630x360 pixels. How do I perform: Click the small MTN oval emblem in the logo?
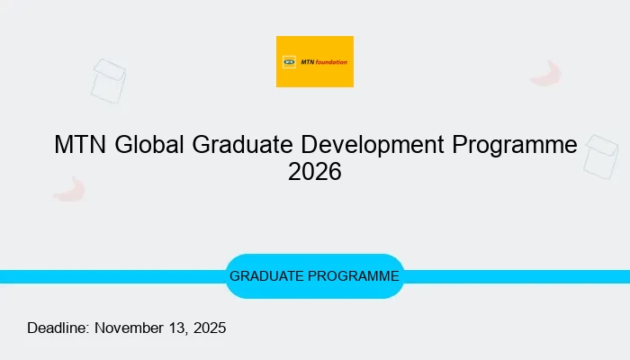(x=289, y=62)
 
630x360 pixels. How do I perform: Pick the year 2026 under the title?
(x=315, y=172)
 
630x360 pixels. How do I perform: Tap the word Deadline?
(x=58, y=328)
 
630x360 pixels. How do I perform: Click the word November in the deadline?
(x=130, y=328)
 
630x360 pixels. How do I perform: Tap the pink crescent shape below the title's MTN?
(x=68, y=188)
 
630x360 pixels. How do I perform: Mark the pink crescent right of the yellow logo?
(x=546, y=74)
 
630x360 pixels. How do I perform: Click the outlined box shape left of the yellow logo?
(x=109, y=80)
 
